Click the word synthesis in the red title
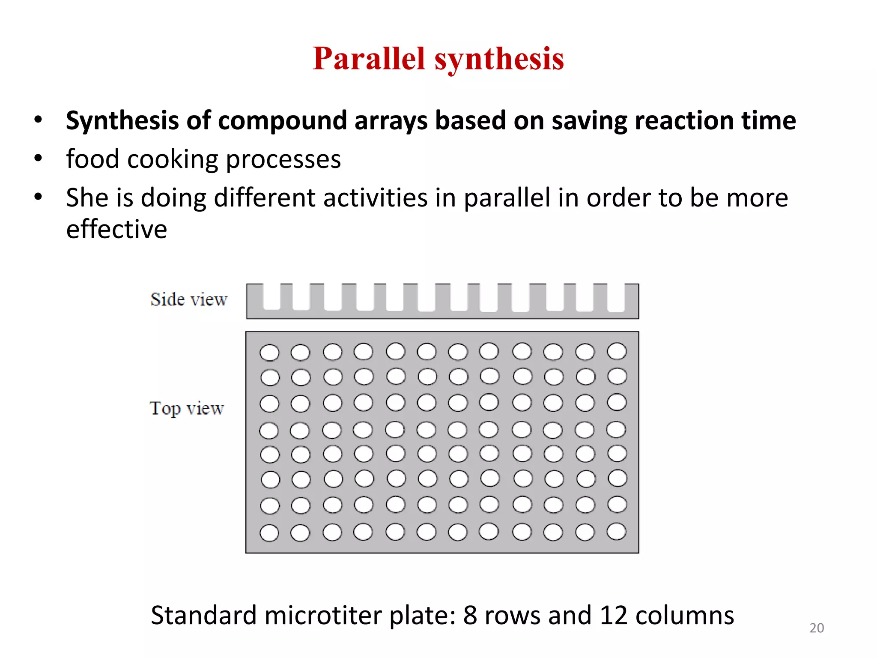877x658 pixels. (x=499, y=59)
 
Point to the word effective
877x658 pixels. (x=116, y=229)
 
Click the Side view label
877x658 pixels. (x=189, y=299)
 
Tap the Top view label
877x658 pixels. (x=187, y=408)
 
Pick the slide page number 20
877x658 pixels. (x=817, y=628)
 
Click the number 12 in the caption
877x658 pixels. (x=614, y=615)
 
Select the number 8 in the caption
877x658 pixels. (x=470, y=615)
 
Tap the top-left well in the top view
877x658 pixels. (x=269, y=353)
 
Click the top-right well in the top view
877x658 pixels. (x=617, y=351)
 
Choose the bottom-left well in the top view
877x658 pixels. (x=269, y=533)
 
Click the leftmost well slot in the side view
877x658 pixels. (x=271, y=296)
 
